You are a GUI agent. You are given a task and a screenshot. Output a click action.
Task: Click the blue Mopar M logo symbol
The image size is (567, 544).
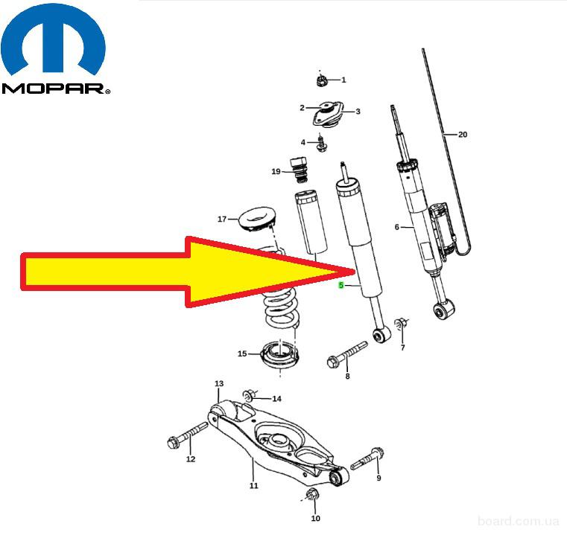pos(53,39)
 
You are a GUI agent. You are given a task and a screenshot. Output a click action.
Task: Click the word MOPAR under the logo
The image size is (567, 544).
pos(53,89)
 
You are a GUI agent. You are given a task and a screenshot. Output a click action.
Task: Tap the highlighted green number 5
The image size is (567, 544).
pos(341,285)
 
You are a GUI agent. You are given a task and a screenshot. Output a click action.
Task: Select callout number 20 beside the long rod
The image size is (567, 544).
pos(463,135)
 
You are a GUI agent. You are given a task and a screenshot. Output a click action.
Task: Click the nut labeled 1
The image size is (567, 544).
pos(320,81)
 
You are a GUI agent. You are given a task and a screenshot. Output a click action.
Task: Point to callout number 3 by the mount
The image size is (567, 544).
pos(358,112)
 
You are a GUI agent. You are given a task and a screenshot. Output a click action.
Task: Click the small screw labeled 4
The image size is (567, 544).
pos(321,144)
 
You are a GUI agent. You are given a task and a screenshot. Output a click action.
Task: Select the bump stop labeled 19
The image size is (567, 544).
pos(299,170)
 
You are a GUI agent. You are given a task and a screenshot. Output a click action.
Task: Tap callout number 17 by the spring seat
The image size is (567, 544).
pos(222,219)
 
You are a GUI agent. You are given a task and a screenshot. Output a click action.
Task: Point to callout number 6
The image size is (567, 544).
pos(396,227)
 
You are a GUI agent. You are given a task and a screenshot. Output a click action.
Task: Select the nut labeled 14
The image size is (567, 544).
pos(250,396)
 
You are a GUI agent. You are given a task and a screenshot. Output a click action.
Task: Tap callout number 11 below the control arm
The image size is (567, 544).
pos(254,485)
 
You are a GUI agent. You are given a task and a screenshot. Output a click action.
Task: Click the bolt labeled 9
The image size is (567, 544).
pos(367,458)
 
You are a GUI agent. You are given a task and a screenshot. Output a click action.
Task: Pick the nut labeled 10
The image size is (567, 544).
pos(312,494)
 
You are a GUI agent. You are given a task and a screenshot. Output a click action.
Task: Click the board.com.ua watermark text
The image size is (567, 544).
pos(518,521)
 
